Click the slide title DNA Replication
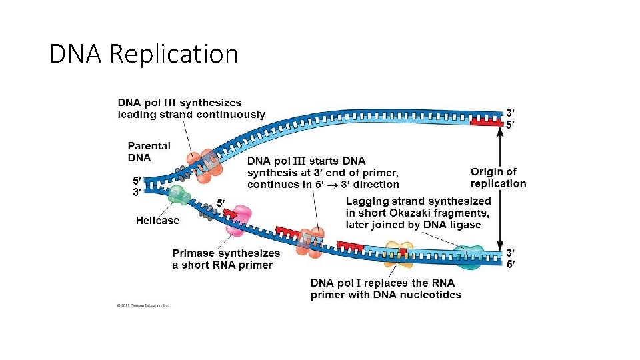pyautogui.click(x=143, y=53)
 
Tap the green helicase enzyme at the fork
pyautogui.click(x=178, y=195)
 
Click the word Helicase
pyautogui.click(x=157, y=221)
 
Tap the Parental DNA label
pyautogui.click(x=149, y=152)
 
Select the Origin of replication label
pyautogui.click(x=498, y=178)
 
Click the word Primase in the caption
pyautogui.click(x=193, y=253)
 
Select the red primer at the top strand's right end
pyautogui.click(x=486, y=121)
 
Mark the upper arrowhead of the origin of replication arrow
pyautogui.click(x=499, y=132)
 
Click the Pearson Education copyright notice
pyautogui.click(x=143, y=305)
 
